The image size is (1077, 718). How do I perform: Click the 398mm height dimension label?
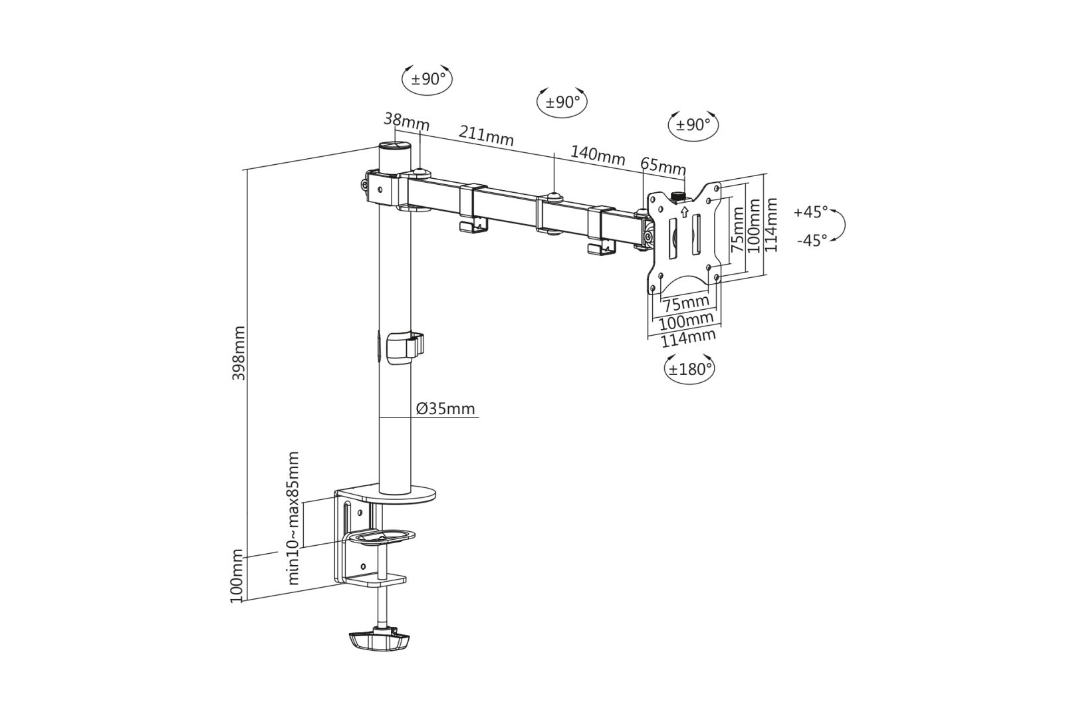click(239, 352)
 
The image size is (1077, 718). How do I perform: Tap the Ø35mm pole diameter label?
click(446, 408)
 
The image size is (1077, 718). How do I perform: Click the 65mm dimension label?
click(662, 166)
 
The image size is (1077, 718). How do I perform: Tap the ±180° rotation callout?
click(690, 369)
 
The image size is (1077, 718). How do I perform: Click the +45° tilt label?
click(810, 213)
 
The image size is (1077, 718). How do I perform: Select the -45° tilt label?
click(812, 240)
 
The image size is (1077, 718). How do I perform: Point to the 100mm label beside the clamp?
click(237, 576)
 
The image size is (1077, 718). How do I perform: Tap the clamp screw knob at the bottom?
click(377, 641)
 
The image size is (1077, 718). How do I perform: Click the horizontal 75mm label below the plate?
click(687, 304)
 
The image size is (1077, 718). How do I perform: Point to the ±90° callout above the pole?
click(427, 79)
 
